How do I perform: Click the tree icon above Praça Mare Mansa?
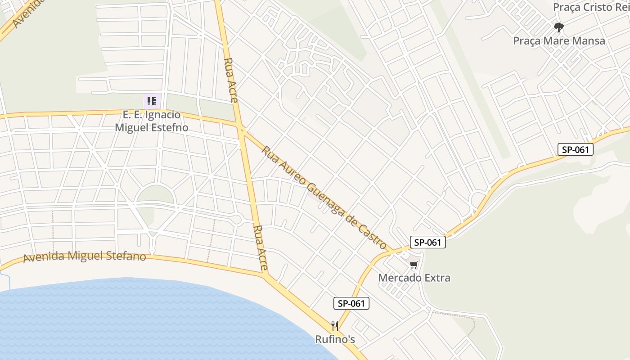coord(559,27)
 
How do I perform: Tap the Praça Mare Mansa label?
coord(559,41)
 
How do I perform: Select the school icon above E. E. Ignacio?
coord(152,101)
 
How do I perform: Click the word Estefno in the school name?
coord(167,127)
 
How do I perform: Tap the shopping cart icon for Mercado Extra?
coord(414,265)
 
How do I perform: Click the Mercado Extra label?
coord(414,278)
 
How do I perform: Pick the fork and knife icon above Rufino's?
coord(335,326)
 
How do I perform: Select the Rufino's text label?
coord(335,339)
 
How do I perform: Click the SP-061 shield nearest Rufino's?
coord(351,303)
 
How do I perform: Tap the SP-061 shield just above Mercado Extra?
coord(427,242)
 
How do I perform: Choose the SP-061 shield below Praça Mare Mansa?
coord(576,149)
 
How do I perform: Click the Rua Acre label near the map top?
coord(230,80)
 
